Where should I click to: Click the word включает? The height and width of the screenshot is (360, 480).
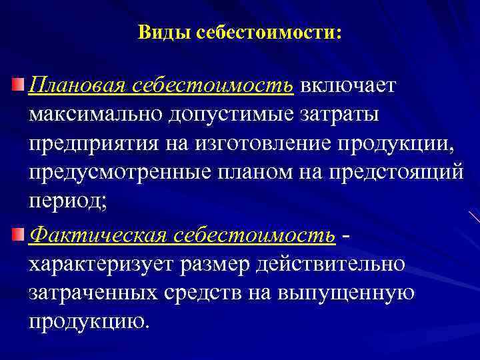coord(347,86)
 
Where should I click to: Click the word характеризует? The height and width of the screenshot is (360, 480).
coord(101,263)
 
